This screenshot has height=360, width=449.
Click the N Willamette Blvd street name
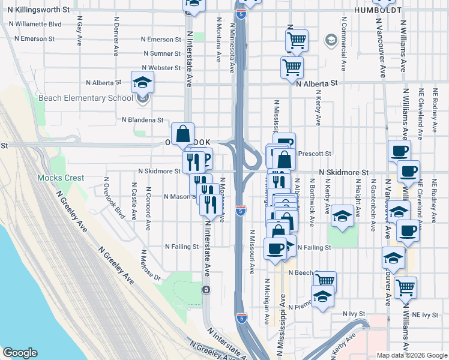point(35,24)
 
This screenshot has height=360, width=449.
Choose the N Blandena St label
point(142,120)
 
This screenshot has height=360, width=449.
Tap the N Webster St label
point(162,68)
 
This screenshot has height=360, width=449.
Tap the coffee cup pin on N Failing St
point(276,248)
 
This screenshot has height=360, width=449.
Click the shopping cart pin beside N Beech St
point(325,281)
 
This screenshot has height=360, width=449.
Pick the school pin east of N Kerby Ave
point(342,215)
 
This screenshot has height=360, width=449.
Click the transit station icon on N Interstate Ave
point(206,290)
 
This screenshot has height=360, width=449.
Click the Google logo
point(20,353)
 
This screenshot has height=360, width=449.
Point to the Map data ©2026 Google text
point(411,355)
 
